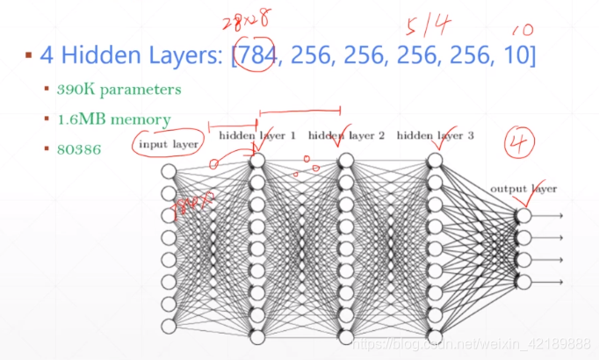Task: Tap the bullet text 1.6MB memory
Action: pyautogui.click(x=114, y=119)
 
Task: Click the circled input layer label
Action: pyautogui.click(x=167, y=144)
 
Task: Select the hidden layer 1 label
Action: pyautogui.click(x=257, y=136)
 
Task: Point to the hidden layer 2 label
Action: pyautogui.click(x=346, y=136)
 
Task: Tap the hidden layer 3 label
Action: pyautogui.click(x=435, y=136)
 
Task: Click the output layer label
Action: pyautogui.click(x=523, y=189)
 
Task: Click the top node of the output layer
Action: pyautogui.click(x=523, y=215)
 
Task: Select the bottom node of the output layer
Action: pyautogui.click(x=523, y=282)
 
